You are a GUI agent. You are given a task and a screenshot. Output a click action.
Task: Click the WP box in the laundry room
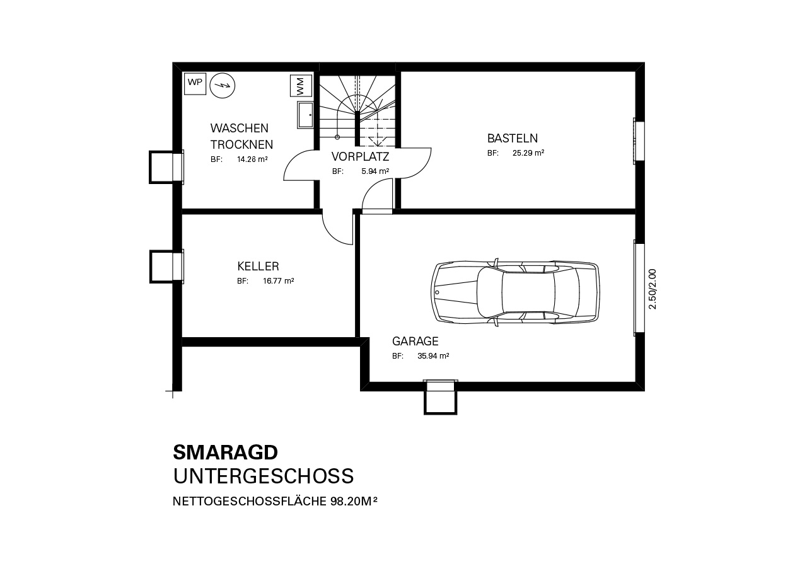coord(195,84)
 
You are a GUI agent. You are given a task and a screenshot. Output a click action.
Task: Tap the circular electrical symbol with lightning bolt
coord(223,86)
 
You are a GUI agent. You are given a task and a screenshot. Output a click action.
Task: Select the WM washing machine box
coord(301,86)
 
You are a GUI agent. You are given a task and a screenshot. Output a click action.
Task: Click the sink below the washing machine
coord(305,115)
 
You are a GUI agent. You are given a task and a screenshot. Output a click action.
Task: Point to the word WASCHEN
coord(239,128)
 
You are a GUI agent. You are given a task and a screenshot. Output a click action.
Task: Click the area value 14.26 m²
coord(252,159)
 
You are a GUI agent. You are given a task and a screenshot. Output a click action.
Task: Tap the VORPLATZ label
coord(360,156)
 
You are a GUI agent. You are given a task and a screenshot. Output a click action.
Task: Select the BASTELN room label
coord(513,138)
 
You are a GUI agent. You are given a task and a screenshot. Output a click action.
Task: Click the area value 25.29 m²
coord(528,153)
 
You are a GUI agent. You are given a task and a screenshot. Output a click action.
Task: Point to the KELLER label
coord(258,267)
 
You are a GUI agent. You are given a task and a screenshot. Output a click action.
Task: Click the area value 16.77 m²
coord(278,281)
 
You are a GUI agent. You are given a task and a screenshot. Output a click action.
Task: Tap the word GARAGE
coord(415,341)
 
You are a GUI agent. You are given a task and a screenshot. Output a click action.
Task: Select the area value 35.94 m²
coord(433,356)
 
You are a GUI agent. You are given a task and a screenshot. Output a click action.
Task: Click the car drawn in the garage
coord(515,292)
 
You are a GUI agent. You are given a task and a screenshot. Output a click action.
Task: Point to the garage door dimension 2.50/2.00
coord(653,289)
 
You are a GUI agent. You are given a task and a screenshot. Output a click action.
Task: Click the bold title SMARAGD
coord(226,453)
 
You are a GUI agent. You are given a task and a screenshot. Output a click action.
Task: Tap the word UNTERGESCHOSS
coord(264,476)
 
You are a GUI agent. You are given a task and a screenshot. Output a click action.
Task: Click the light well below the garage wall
coord(440,397)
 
